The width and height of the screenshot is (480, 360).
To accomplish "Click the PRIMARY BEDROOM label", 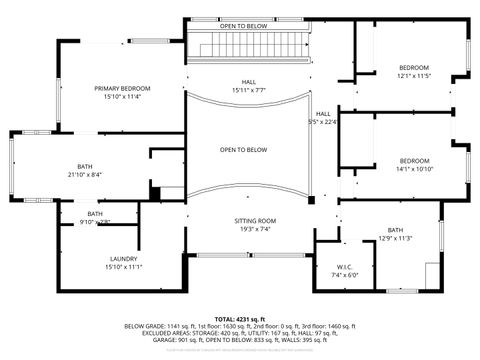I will (124, 88).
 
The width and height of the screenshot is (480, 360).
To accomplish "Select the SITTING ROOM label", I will (244, 220).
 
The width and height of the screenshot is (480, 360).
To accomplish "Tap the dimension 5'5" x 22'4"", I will (323, 122).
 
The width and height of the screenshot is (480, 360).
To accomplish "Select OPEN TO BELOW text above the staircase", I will (243, 25).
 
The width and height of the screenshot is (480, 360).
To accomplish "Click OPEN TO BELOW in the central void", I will (243, 150).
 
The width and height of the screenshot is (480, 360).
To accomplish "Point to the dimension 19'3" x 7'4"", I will (244, 229).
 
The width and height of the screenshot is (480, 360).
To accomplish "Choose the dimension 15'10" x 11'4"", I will (124, 97).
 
